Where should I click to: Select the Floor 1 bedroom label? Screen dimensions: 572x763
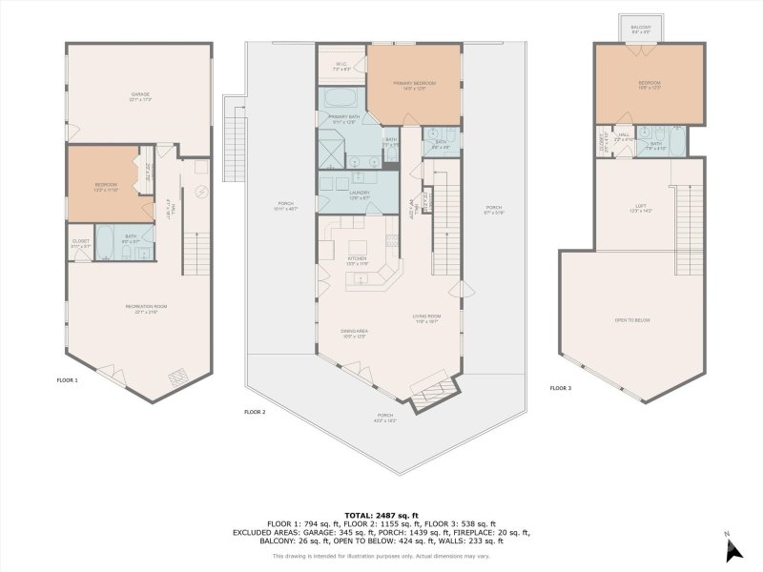[x=105, y=186]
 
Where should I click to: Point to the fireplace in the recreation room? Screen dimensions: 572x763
[x=178, y=378]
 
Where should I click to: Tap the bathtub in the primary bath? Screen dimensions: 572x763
[x=339, y=98]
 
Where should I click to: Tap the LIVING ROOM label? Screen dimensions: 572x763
[x=425, y=318]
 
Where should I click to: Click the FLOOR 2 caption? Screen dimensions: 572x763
[x=254, y=412]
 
